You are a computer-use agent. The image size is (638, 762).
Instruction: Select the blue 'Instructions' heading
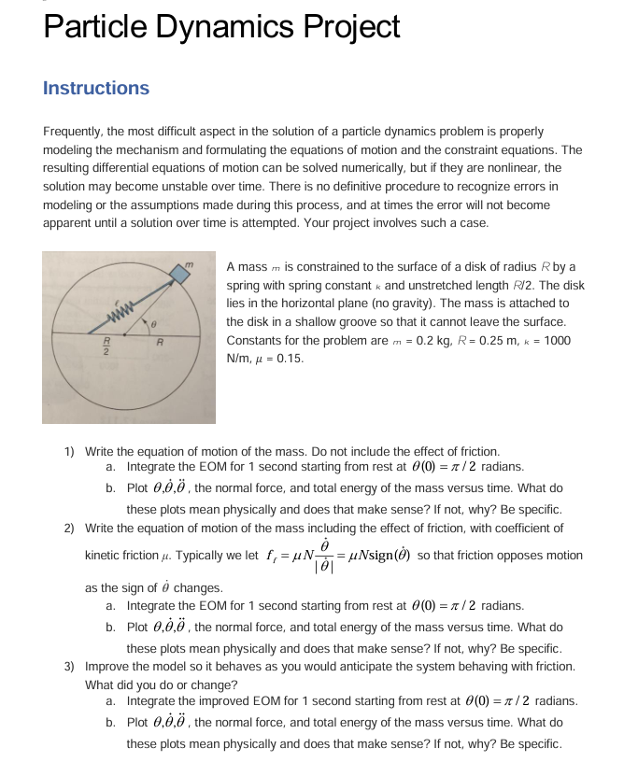point(96,88)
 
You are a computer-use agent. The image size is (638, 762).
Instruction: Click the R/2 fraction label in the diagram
point(106,349)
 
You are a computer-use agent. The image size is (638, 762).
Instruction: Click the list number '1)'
point(70,451)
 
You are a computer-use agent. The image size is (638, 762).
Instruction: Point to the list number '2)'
point(70,528)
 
